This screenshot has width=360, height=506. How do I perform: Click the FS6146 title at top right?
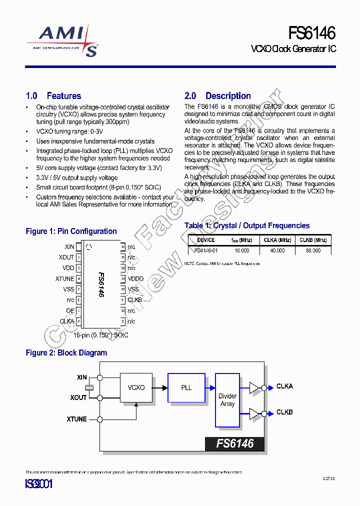coord(311,33)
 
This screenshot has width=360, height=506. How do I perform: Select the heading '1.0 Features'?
coord(53,96)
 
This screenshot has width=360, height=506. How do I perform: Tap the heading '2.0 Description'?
coord(217,96)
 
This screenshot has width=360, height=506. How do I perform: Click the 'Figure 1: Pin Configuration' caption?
coord(71,231)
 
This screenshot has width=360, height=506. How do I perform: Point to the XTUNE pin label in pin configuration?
coord(64,279)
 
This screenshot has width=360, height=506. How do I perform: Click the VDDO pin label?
coord(135,279)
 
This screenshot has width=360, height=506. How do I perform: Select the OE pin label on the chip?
coord(70,311)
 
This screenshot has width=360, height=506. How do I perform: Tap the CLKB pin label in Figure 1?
coord(134,300)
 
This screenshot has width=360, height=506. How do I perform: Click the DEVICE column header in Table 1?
coord(205,240)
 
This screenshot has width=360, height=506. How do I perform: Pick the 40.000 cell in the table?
coord(277,250)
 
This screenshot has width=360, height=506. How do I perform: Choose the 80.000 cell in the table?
coord(313,250)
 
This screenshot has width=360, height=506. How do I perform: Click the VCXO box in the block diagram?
coord(136,387)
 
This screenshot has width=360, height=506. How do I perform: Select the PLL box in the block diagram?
coord(186,387)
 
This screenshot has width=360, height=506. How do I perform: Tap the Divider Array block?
coord(227,400)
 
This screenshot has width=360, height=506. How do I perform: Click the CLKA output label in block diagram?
coord(284,386)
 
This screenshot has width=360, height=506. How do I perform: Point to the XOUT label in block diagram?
coord(78,397)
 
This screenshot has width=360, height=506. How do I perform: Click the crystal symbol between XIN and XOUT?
coord(89,387)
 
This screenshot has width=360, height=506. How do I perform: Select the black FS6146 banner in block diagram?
coord(234,443)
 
